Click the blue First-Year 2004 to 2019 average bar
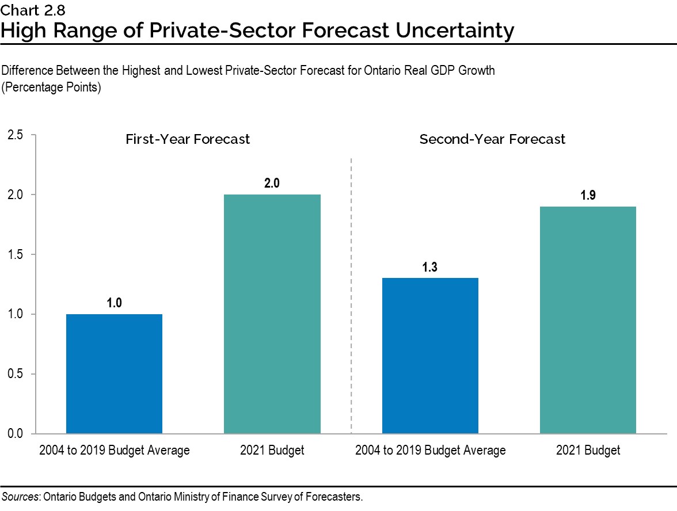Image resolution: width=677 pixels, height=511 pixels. (114, 373)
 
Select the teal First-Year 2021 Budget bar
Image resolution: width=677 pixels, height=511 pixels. (272, 314)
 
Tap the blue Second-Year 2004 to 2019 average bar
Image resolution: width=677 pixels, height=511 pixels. (430, 356)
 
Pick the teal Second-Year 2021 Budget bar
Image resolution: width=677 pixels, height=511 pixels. (588, 320)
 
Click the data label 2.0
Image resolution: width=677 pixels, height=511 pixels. (272, 184)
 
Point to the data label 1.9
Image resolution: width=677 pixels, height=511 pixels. (588, 196)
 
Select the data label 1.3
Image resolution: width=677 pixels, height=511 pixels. (430, 267)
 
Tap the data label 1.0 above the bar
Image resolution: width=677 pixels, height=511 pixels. (114, 303)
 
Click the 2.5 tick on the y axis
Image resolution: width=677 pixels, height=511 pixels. (16, 135)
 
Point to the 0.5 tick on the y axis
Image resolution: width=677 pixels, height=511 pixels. (16, 374)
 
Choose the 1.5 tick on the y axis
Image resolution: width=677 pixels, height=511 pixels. (16, 254)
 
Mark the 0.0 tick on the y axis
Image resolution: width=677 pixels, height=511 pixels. (16, 433)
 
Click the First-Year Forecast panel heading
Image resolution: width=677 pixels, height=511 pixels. (188, 139)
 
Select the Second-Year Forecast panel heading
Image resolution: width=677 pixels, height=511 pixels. (492, 139)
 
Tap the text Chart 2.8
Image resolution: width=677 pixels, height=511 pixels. (25, 10)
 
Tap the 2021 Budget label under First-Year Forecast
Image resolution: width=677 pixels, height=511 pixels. (272, 451)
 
